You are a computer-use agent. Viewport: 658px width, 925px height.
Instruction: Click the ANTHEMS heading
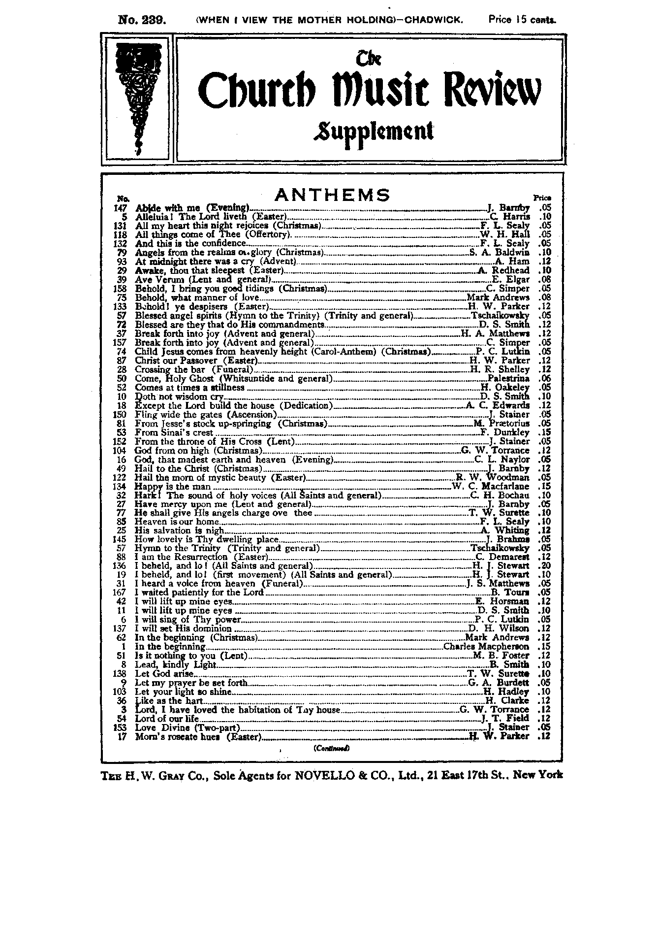tap(332, 195)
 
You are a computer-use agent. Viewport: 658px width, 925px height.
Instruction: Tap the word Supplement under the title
tap(374, 132)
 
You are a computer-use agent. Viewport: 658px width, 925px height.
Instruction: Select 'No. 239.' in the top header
tap(142, 20)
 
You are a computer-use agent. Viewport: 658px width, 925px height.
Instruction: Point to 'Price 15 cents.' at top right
tap(522, 20)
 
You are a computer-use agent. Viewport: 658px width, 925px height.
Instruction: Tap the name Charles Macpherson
tap(486, 647)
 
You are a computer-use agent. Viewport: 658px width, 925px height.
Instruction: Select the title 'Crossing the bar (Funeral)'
tap(194, 369)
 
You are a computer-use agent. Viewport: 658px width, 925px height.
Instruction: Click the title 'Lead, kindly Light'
tap(175, 664)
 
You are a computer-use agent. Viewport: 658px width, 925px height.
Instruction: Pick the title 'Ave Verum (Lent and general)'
tap(203, 280)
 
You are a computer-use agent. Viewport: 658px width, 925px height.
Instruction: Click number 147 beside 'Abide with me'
tap(121, 208)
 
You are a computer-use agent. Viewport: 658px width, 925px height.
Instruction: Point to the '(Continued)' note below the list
tap(331, 749)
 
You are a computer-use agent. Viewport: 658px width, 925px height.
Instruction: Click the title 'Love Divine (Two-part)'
tap(187, 727)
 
